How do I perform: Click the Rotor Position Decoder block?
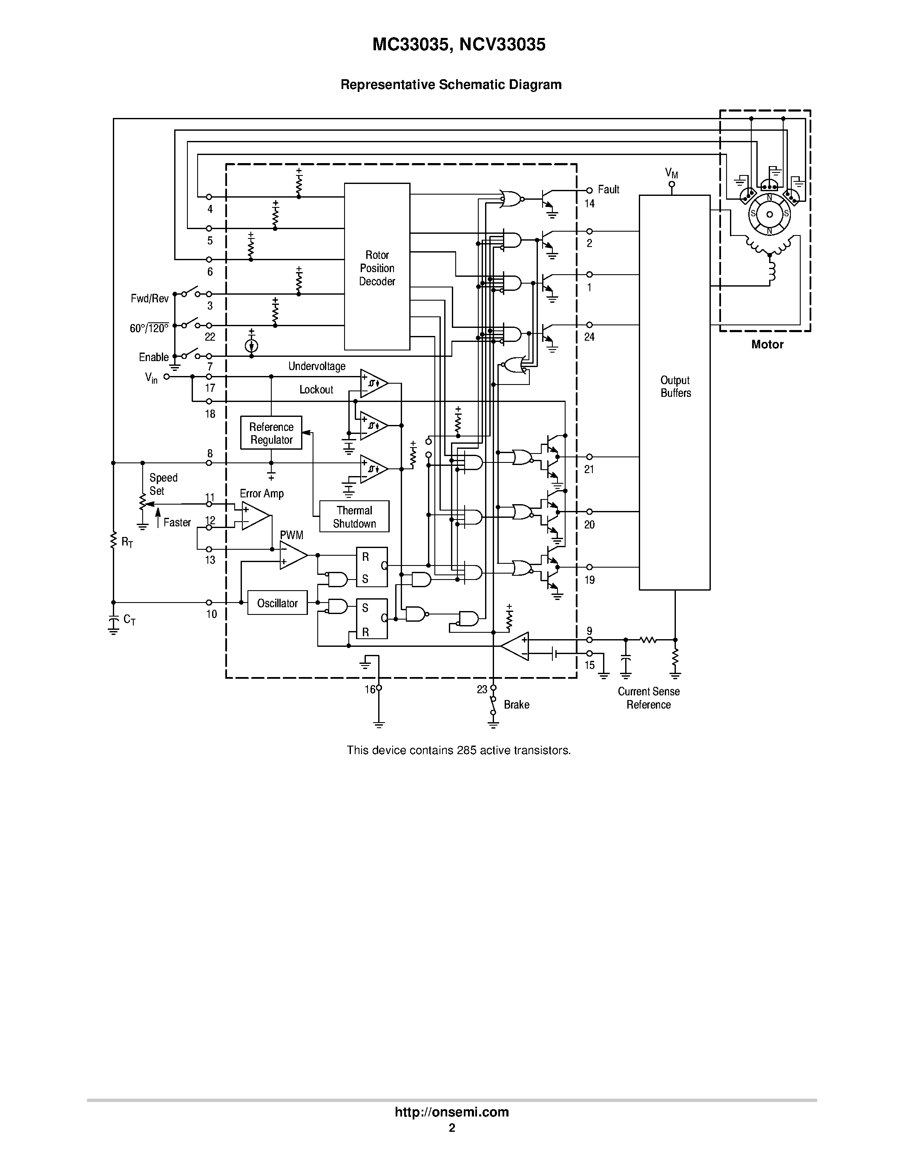click(x=377, y=267)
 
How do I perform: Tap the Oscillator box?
click(x=277, y=603)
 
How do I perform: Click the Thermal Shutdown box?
click(x=354, y=517)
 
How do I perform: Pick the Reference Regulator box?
click(x=271, y=433)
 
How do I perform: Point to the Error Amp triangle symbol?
click(x=255, y=516)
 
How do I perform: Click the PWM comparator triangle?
click(x=293, y=555)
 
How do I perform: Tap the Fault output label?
click(x=609, y=189)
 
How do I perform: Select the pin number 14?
click(x=590, y=204)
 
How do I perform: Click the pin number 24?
click(x=590, y=337)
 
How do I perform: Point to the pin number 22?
click(x=210, y=337)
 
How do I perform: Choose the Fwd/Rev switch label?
click(x=149, y=298)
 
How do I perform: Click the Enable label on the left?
click(x=154, y=357)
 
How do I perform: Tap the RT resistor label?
click(x=127, y=542)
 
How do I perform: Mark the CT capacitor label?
click(x=129, y=620)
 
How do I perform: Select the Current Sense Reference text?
click(x=649, y=698)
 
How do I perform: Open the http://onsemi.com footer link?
click(x=452, y=1112)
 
